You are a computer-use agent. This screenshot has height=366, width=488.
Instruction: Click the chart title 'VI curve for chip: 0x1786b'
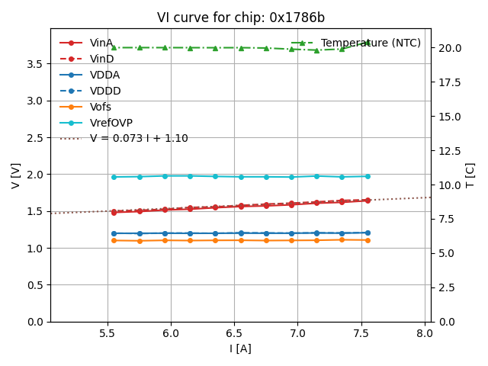[x=240, y=18]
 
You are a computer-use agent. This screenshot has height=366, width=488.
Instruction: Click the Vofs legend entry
[x=101, y=107]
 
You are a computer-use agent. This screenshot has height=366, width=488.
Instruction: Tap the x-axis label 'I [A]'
[x=240, y=348]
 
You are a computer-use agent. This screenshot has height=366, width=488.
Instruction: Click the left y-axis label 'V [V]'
[x=16, y=175]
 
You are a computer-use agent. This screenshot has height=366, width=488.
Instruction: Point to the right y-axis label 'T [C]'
[x=470, y=175]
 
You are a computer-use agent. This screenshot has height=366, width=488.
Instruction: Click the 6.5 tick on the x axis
[x=234, y=333]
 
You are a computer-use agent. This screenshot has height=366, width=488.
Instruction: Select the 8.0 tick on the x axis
[x=425, y=333]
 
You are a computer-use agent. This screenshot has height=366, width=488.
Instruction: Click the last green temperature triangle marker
[x=367, y=43]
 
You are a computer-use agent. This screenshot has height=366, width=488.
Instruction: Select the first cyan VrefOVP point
[x=114, y=177]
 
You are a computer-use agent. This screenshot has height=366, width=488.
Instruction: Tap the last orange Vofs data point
[x=367, y=240]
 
